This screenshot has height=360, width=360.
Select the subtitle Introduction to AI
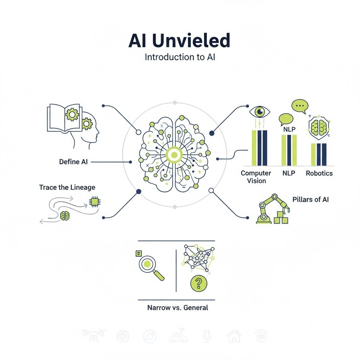pos(180,57)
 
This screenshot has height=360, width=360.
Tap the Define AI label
pos(73,162)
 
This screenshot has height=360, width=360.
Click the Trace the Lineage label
pos(67,187)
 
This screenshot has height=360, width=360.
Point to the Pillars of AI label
pos(310,199)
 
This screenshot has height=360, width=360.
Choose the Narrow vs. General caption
pos(178,308)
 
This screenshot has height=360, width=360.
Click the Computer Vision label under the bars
pos(256,177)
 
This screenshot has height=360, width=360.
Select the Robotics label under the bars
pos(319,173)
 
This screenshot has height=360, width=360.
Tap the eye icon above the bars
pos(260,112)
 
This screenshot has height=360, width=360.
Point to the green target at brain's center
pos(174,155)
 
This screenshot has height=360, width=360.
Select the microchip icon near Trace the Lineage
pos(94,201)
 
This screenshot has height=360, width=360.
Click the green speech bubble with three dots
pos(300,105)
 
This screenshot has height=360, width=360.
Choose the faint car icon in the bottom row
pos(179,336)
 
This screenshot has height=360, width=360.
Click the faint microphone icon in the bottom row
pos(206,336)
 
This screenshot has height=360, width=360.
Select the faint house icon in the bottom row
pos(234,336)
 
